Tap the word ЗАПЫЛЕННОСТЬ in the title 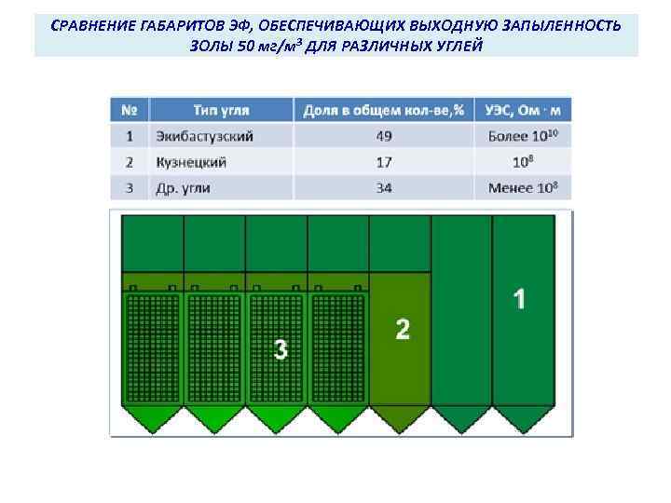pos(566,25)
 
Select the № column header pos(130,111)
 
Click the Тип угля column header pos(221,111)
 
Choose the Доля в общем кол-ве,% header pos(384,111)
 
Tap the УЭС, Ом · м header pos(523,111)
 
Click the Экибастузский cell pos(205,136)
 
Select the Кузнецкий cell pos(192,162)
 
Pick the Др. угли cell pos(184,187)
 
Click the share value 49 pos(384,136)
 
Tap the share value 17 pos(384,162)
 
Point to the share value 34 pos(384,187)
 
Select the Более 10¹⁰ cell pos(523,136)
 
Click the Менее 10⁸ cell pos(523,187)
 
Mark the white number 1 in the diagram pos(519,299)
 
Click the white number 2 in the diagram pos(403,330)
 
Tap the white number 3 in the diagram pos(281,349)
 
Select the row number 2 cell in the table pos(130,162)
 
